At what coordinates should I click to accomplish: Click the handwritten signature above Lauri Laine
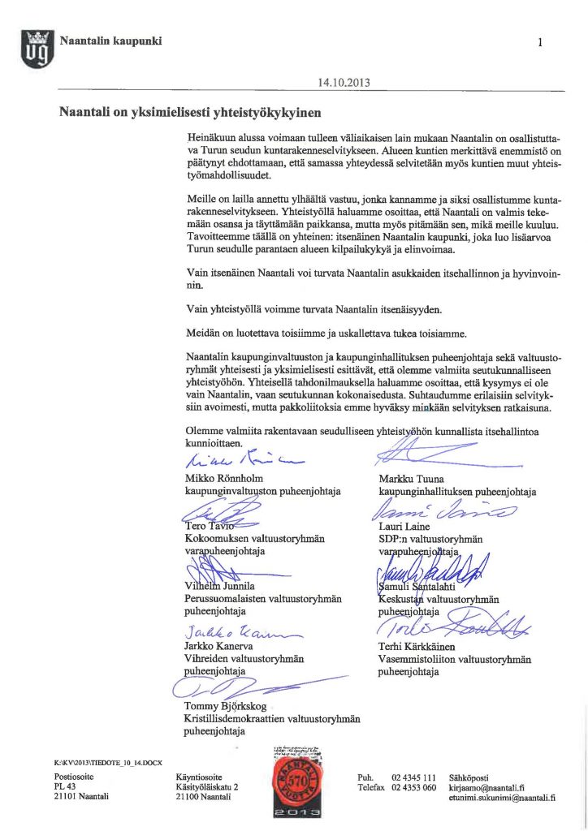click(x=435, y=510)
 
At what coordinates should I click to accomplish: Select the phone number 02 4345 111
click(x=414, y=777)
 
